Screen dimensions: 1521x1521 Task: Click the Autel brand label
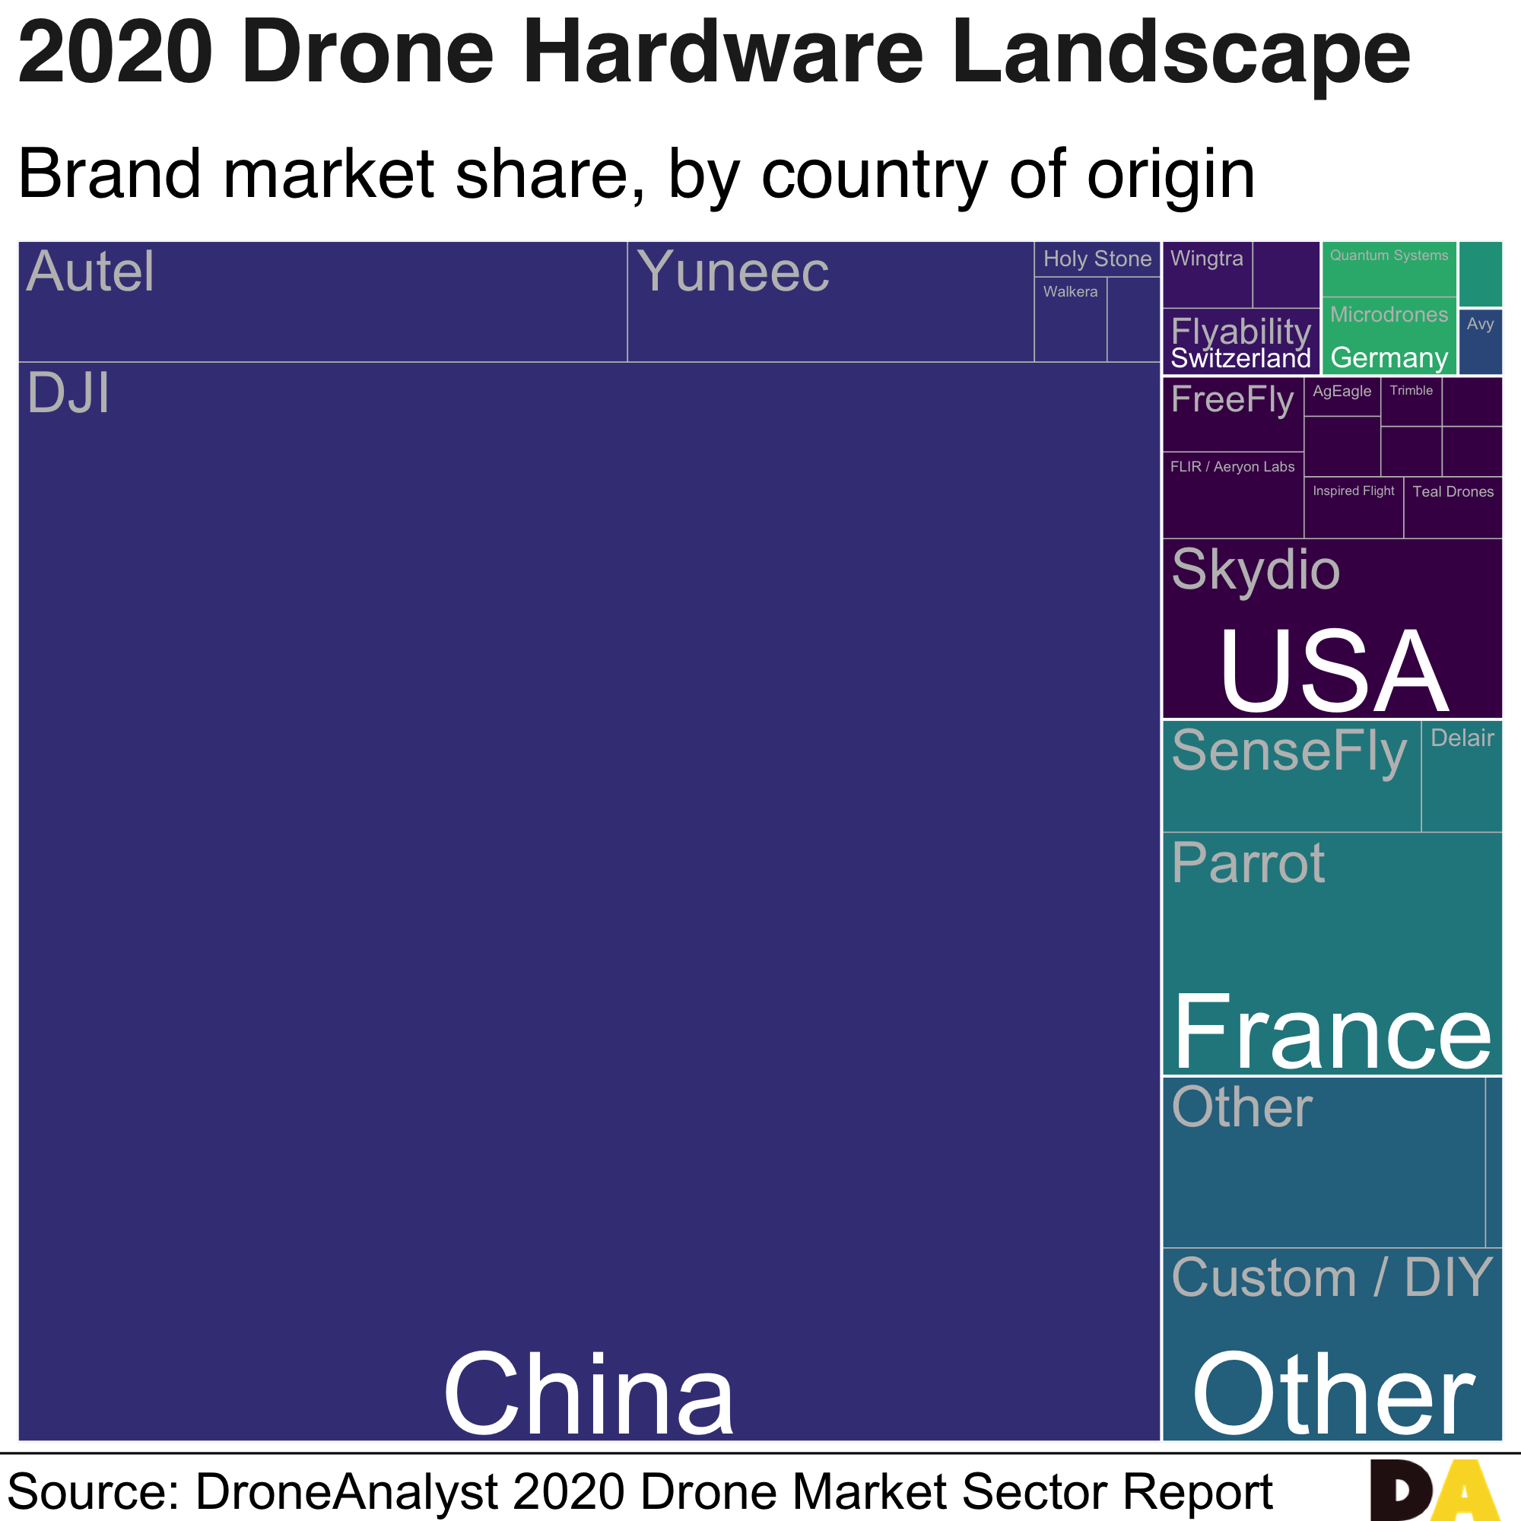tap(90, 271)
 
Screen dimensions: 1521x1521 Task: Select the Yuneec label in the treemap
tap(732, 271)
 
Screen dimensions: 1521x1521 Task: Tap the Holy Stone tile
tap(1097, 259)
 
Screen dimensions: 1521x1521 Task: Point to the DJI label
tap(68, 393)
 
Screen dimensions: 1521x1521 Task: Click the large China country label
tap(588, 1394)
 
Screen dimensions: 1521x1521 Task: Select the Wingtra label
tap(1206, 259)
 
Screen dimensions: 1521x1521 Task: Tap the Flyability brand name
tap(1240, 331)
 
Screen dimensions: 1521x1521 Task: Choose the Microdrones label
tap(1389, 315)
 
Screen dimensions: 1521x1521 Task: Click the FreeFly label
tap(1232, 400)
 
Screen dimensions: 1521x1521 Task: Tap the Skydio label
tap(1255, 569)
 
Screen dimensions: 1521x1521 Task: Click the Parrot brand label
tap(1248, 864)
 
